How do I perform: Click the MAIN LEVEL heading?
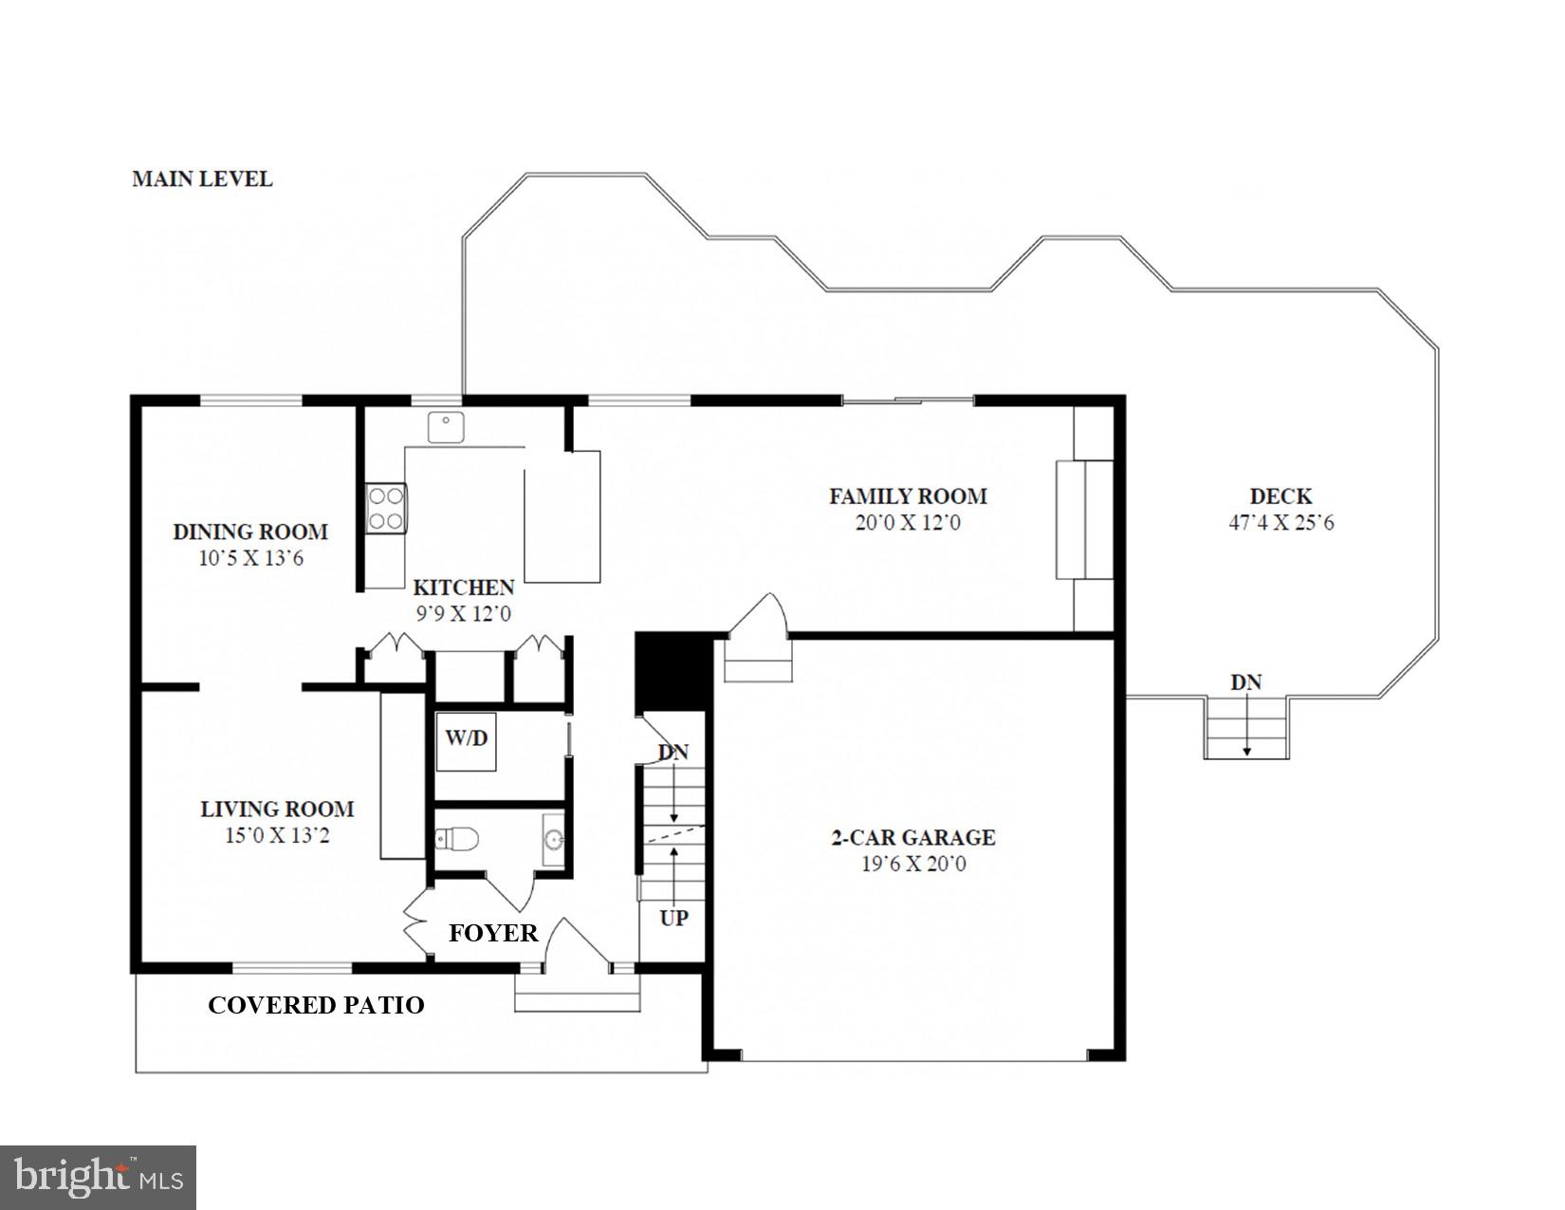tap(202, 178)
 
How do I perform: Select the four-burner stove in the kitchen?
tap(386, 508)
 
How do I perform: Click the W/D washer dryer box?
tap(466, 741)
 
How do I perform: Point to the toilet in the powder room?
tap(457, 839)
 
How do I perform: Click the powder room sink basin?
tap(553, 839)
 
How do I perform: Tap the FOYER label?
tap(493, 933)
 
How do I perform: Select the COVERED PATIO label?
tap(316, 1005)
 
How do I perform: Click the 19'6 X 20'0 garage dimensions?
tap(913, 865)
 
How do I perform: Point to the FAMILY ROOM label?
tap(908, 495)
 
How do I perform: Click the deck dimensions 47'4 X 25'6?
tap(1280, 523)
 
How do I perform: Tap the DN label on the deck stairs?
tap(1245, 682)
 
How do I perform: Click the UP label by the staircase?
tap(673, 918)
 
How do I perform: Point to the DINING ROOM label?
tap(250, 531)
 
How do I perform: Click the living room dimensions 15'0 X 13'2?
tap(277, 836)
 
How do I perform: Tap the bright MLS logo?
tap(99, 1178)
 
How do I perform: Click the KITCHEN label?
tap(463, 587)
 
